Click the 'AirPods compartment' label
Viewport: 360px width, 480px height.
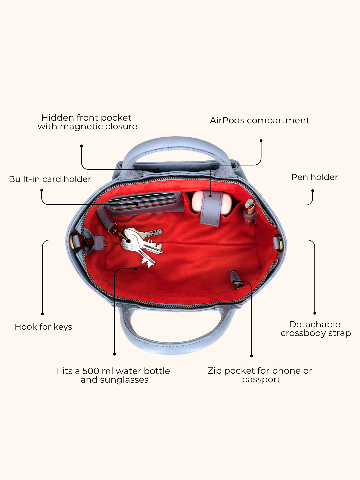tap(259, 120)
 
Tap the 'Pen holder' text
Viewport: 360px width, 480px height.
tap(315, 177)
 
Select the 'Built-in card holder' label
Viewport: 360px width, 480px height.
tap(50, 179)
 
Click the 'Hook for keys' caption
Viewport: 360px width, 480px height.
tap(43, 327)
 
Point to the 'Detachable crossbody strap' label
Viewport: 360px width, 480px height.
tap(316, 329)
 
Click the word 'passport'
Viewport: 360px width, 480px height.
tap(261, 380)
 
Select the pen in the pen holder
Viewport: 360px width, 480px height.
tap(249, 212)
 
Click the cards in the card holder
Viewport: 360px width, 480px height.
tap(142, 201)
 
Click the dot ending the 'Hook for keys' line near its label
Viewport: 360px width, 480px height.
tap(42, 314)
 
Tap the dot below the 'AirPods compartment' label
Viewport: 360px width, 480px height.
tap(261, 141)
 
